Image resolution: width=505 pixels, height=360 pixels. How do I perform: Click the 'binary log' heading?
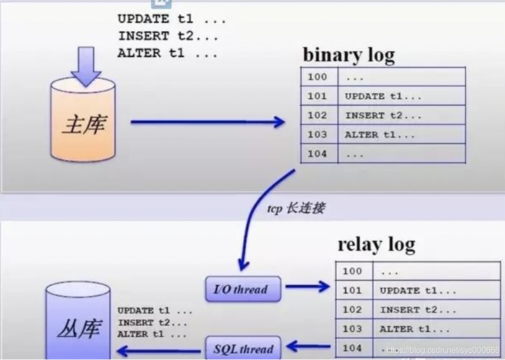pos(348,55)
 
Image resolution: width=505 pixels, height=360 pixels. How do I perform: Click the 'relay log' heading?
pos(376,244)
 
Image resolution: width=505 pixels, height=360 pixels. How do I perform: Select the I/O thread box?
pos(240,290)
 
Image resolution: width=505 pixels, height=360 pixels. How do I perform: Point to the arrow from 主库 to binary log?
pos(208,122)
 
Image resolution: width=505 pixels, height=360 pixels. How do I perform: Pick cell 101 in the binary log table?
pos(317,96)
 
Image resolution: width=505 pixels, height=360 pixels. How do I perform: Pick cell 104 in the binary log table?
pos(317,154)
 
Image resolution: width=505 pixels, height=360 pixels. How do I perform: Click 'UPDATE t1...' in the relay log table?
pos(418,290)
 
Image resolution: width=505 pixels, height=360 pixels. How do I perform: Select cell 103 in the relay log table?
pos(352,328)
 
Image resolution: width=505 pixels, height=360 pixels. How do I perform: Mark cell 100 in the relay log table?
pos(352,271)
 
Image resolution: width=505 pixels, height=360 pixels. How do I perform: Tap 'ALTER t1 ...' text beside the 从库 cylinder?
pos(152,334)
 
